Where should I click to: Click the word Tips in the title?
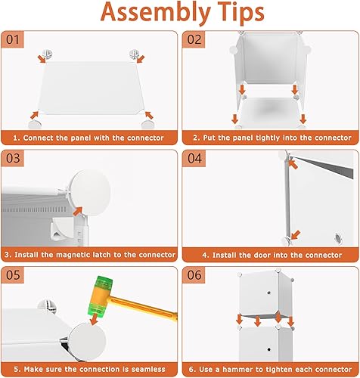(x=241, y=13)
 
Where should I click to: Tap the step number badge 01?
(x=13, y=39)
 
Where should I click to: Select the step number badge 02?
(x=194, y=39)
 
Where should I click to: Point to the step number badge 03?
(x=13, y=158)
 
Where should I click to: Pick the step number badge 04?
(x=194, y=158)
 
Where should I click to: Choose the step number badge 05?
(x=13, y=275)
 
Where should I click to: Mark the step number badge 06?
(x=194, y=275)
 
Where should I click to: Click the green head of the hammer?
(x=100, y=296)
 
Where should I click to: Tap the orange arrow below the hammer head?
(x=95, y=319)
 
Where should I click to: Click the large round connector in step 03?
(x=90, y=193)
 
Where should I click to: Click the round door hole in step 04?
(x=338, y=238)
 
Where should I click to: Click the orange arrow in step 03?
(x=78, y=211)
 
